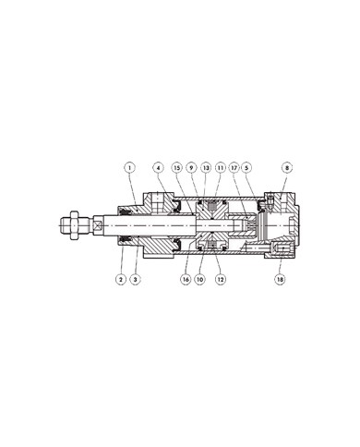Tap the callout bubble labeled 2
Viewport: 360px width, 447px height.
[120, 278]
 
